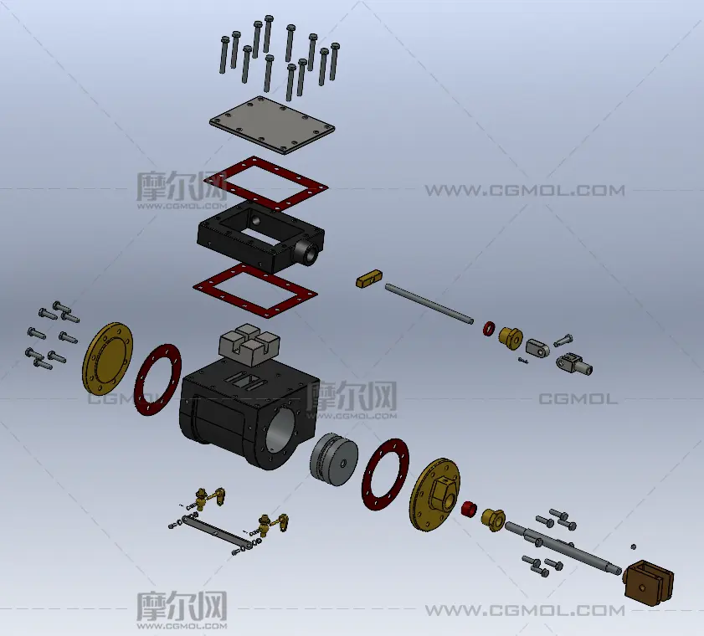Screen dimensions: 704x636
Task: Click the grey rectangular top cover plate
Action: pos(272,125)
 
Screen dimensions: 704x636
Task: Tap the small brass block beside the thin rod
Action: pos(369,279)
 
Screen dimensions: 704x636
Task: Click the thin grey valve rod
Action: pos(429,303)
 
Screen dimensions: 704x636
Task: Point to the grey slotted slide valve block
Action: pos(249,346)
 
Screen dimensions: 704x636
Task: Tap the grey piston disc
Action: pos(334,459)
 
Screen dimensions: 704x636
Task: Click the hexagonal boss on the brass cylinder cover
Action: pos(444,494)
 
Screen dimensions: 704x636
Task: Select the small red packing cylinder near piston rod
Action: pos(468,509)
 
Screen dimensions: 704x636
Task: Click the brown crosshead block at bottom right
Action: pos(649,582)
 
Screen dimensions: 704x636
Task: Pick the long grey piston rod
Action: pos(563,548)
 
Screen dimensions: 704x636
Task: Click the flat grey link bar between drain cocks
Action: pos(213,531)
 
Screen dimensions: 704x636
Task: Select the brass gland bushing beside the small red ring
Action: pos(511,337)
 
